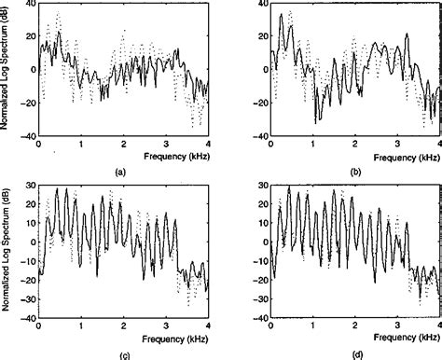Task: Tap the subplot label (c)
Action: (x=119, y=354)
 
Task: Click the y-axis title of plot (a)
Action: (x=7, y=82)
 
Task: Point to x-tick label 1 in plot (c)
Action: (x=81, y=325)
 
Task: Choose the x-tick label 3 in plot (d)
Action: (x=397, y=325)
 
